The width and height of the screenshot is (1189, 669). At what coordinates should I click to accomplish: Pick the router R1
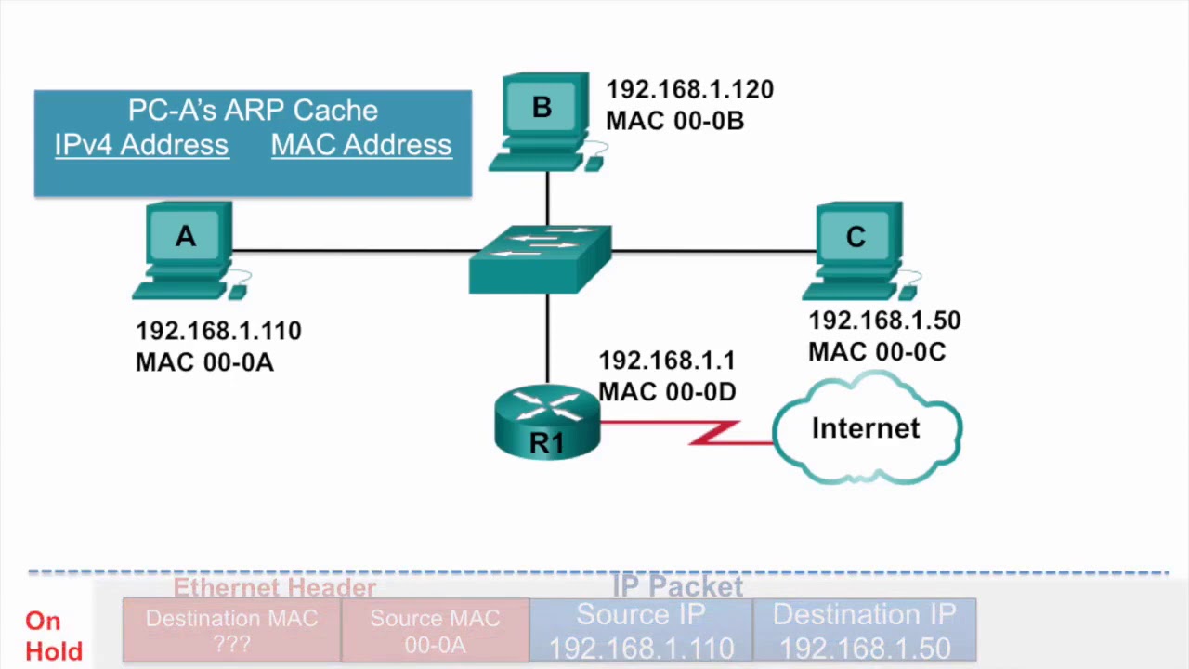[547, 424]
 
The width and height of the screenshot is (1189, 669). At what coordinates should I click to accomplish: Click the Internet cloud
[866, 428]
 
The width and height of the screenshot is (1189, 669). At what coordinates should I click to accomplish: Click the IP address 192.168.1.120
[689, 90]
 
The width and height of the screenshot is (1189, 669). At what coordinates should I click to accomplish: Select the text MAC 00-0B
[674, 121]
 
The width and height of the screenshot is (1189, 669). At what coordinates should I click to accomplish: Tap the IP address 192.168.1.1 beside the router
[666, 361]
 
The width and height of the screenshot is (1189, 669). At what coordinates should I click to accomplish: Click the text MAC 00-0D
[667, 392]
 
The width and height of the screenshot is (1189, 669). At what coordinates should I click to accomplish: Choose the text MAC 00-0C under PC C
[876, 352]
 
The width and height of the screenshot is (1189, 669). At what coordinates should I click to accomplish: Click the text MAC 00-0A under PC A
[204, 362]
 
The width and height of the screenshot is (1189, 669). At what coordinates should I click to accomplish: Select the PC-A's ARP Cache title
[253, 111]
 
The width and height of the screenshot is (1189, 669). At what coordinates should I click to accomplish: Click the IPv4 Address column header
[141, 145]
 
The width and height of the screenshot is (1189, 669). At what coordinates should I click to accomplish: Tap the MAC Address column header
[361, 145]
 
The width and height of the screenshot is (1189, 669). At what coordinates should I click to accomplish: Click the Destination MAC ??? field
[231, 630]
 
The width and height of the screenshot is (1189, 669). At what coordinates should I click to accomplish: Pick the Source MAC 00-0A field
[435, 630]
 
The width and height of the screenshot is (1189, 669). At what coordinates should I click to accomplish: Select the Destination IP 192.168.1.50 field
[864, 630]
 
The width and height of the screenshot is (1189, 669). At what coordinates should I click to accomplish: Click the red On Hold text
[53, 636]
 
